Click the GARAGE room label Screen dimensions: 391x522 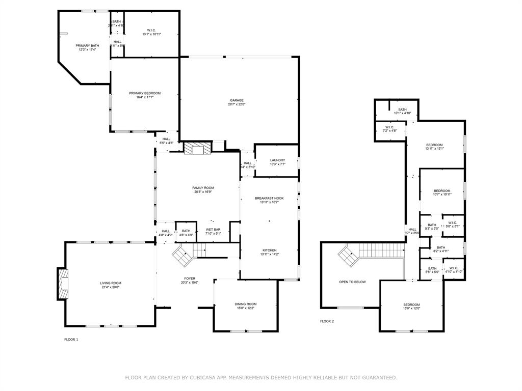point(236,100)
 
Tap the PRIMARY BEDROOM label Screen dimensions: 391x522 point(145,93)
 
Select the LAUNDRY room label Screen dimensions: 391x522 point(277,160)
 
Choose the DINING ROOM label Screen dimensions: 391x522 point(246,304)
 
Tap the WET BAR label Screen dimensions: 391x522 point(213,230)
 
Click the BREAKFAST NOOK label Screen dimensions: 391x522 point(269,198)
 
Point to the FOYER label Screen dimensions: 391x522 point(189,278)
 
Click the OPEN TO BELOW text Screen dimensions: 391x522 point(352,282)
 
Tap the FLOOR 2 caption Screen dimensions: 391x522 point(327,321)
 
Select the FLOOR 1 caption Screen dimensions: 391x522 point(71,339)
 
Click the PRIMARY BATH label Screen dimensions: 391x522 point(87,46)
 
